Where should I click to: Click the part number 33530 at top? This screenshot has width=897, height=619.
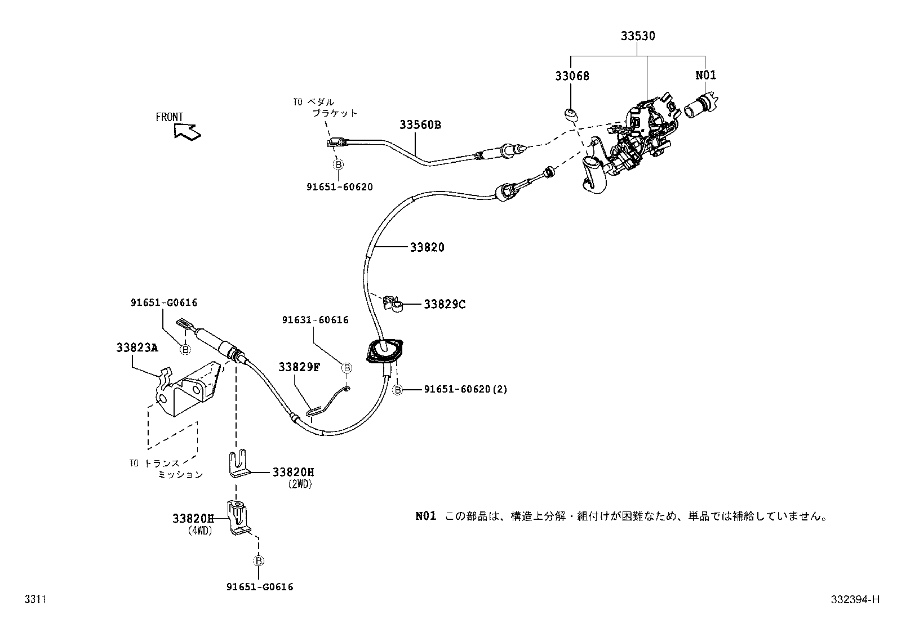point(638,36)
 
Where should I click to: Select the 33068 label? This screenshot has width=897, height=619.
point(572,75)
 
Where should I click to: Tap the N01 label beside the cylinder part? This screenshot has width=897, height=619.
point(705,75)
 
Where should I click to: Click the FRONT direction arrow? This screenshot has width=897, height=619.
point(187,131)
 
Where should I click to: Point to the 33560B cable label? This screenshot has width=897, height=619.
point(420,125)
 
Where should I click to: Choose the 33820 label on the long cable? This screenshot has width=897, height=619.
point(427,247)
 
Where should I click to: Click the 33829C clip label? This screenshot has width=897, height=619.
point(445,305)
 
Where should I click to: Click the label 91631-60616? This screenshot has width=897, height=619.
point(316,320)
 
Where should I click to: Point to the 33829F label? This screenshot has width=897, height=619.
point(299,367)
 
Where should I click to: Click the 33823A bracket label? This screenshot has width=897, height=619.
point(137,348)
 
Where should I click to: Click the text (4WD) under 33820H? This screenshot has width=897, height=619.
point(200,530)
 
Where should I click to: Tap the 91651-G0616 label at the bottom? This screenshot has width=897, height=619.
point(260,587)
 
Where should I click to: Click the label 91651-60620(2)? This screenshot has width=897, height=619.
point(465,389)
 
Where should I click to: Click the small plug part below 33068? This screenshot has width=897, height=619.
point(570,115)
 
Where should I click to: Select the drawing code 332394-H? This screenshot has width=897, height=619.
point(854,600)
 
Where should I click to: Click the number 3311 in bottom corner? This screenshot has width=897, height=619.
point(34,600)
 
